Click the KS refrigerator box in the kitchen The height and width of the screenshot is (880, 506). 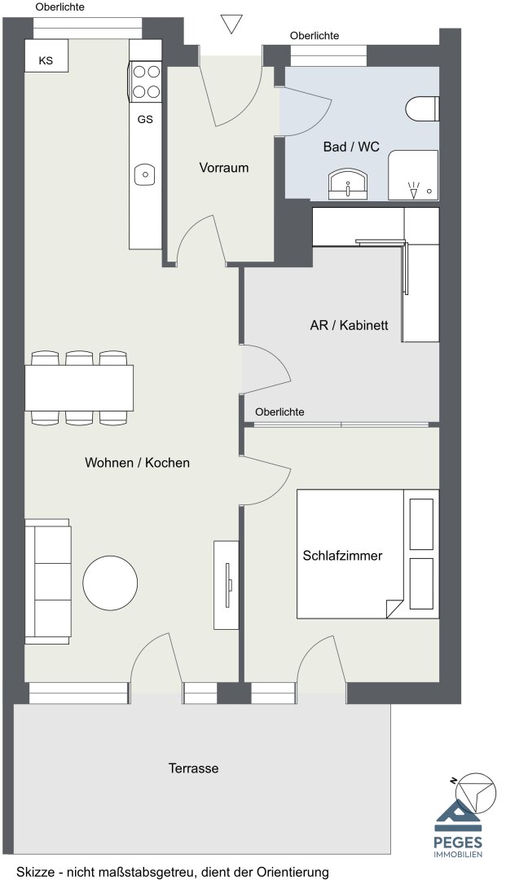pyautogui.click(x=46, y=55)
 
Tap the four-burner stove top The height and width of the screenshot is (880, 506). pyautogui.click(x=146, y=81)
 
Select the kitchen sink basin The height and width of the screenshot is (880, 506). pyautogui.click(x=145, y=174)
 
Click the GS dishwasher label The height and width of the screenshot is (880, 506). pyautogui.click(x=145, y=120)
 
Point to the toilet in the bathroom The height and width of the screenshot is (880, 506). pyautogui.click(x=422, y=109)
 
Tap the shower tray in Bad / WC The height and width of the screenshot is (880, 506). pyautogui.click(x=413, y=174)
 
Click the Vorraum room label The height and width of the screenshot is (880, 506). pyautogui.click(x=224, y=168)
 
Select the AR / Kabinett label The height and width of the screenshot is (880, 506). pyautogui.click(x=349, y=325)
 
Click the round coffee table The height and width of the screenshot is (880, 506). pyautogui.click(x=110, y=583)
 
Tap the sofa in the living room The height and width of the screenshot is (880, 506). pyautogui.click(x=48, y=581)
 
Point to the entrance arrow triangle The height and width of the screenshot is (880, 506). pyautogui.click(x=231, y=24)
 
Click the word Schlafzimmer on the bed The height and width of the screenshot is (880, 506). pyautogui.click(x=342, y=556)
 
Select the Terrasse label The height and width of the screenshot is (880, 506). pyautogui.click(x=194, y=768)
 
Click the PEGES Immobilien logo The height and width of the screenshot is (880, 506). pyautogui.click(x=458, y=828)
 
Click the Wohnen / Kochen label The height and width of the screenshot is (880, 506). pyautogui.click(x=137, y=463)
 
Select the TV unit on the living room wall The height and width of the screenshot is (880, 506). pyautogui.click(x=226, y=585)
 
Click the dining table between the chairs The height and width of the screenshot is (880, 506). pyautogui.click(x=79, y=388)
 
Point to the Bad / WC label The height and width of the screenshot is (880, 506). pyautogui.click(x=351, y=147)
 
